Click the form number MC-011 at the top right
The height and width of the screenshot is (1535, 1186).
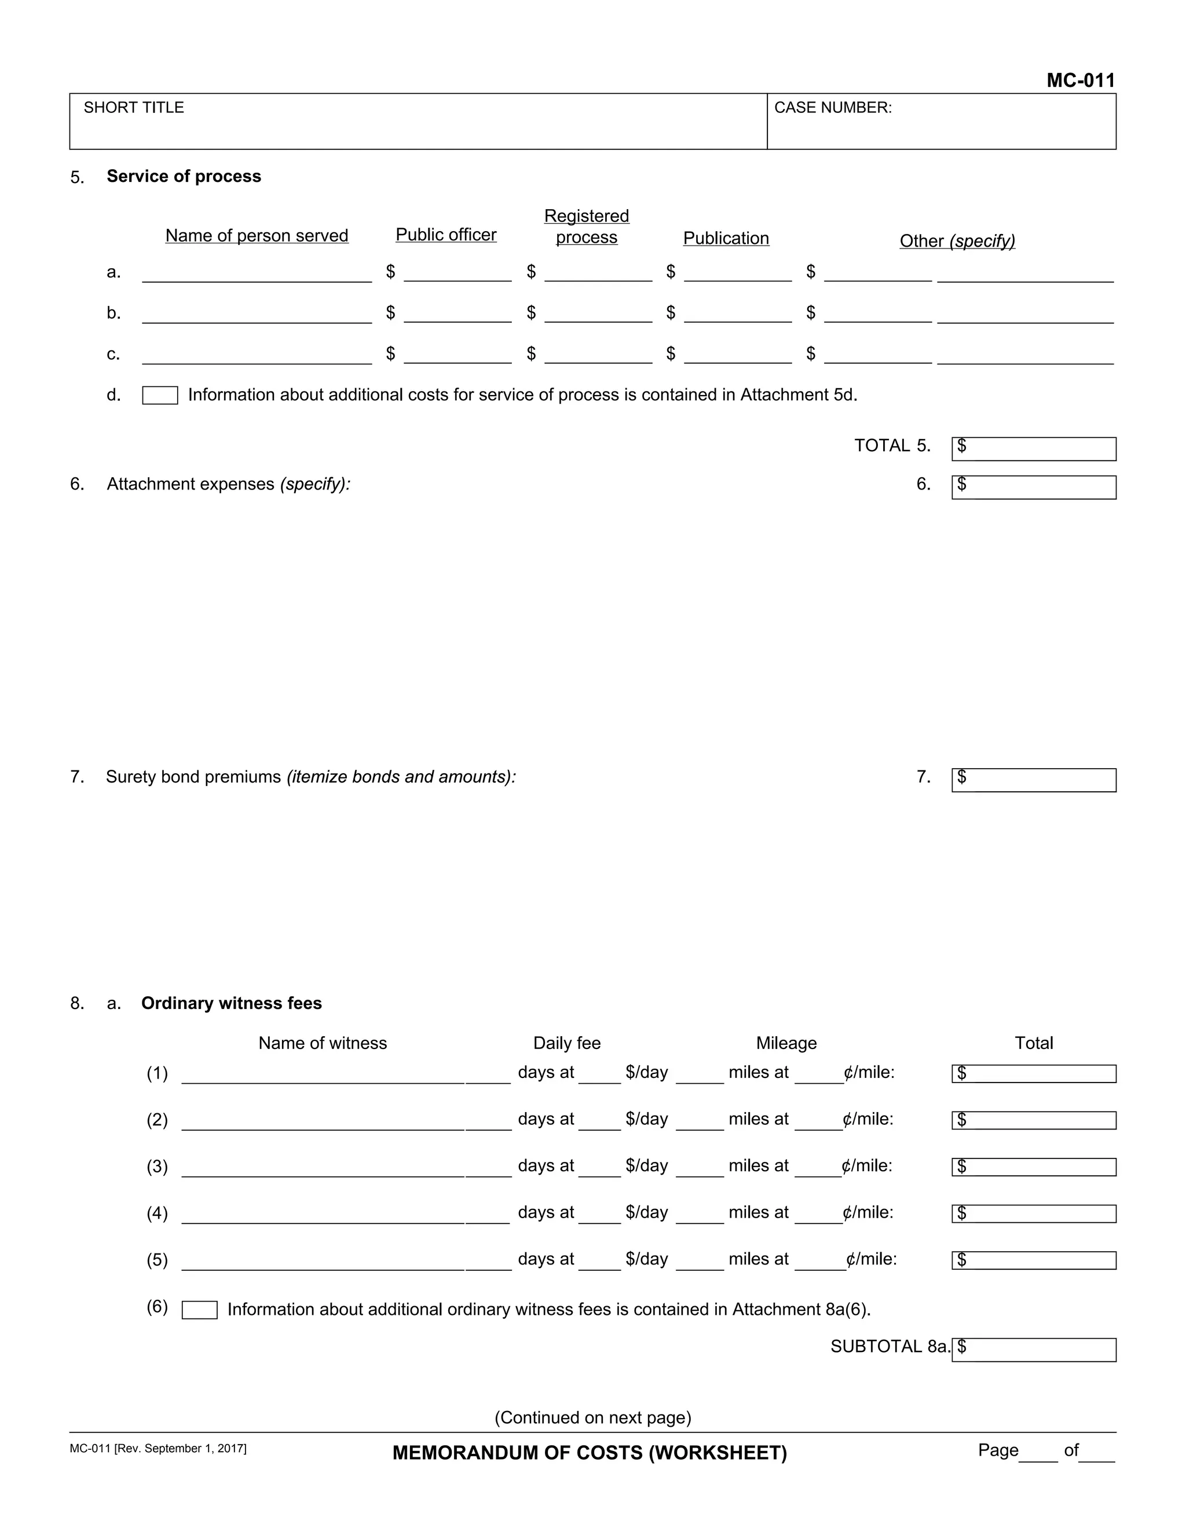[x=1080, y=81]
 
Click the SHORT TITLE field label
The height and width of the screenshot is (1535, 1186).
[x=134, y=108]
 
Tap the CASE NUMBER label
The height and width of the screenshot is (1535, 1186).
[x=832, y=108]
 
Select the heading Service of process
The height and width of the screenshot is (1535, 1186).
[x=184, y=177]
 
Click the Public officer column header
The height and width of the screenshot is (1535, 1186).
[x=445, y=235]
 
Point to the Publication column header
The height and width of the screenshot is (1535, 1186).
[x=726, y=238]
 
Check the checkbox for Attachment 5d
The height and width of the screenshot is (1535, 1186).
[x=160, y=396]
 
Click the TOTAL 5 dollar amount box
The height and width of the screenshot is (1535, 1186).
[x=1034, y=449]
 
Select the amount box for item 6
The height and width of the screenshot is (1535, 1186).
[x=1034, y=487]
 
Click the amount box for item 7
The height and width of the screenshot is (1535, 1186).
[x=1034, y=780]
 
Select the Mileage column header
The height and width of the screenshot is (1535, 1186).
[x=786, y=1043]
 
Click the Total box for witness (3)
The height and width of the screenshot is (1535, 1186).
[x=1034, y=1167]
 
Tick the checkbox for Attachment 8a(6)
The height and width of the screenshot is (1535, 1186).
[x=200, y=1310]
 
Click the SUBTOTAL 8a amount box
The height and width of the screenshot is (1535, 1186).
[x=1034, y=1350]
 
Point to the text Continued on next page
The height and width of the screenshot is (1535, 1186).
[x=593, y=1417]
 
